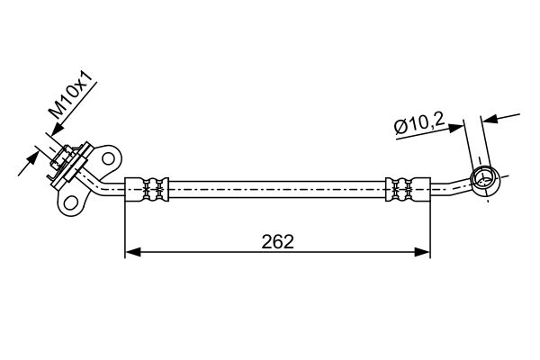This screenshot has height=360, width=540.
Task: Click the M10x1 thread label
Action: coord(71,95)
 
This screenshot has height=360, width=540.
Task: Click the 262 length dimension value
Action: coord(277,241)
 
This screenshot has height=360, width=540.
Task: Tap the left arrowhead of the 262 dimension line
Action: coord(133,252)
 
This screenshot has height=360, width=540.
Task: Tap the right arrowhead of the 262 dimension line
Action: coord(422,252)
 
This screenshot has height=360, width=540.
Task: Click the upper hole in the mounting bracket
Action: coord(108,158)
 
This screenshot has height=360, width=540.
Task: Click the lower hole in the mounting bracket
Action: coord(70,202)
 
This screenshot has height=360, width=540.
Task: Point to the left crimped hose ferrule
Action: coord(147,189)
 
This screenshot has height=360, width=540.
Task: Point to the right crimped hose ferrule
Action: coord(408,189)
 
